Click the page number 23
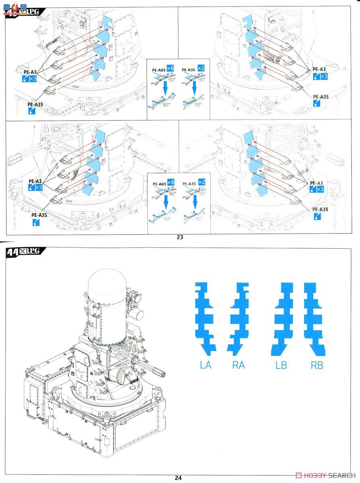(x=180, y=237)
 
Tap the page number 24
(x=178, y=478)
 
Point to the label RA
(x=238, y=365)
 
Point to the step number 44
(x=13, y=252)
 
